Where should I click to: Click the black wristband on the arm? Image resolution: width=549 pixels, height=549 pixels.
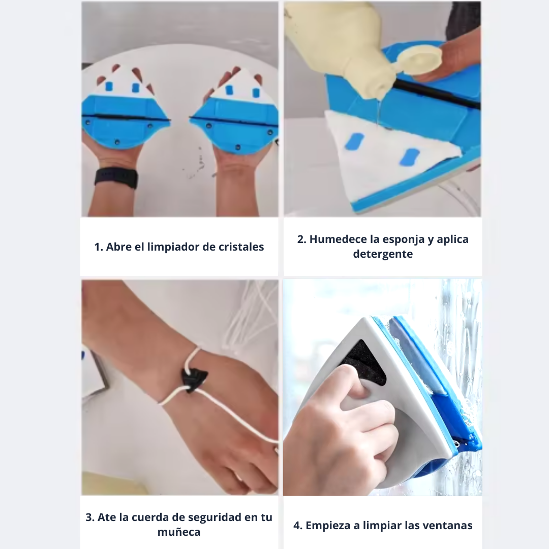pos(116,178)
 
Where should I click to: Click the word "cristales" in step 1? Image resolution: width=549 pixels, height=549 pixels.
pos(240,247)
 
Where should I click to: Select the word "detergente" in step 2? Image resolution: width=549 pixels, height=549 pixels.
pos(383,254)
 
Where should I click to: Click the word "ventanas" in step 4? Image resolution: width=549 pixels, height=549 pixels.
pos(450,526)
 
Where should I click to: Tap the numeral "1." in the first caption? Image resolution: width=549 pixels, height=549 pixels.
pos(99,247)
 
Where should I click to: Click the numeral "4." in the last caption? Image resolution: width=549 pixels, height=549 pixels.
pos(298,526)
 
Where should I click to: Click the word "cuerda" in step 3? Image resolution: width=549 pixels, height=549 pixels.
pos(149,517)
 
